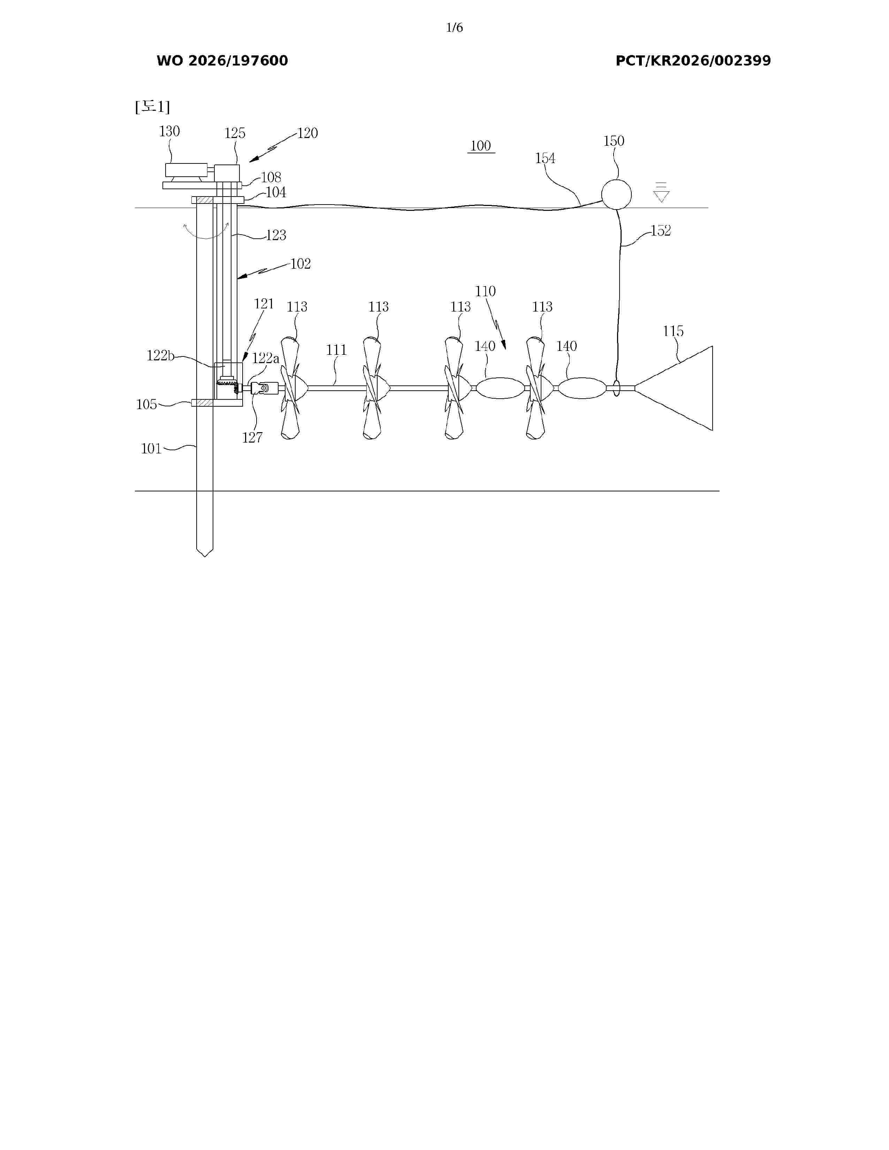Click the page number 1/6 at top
tap(454, 28)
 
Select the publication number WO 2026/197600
tap(222, 61)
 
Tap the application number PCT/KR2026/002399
tap(693, 61)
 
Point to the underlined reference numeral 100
tap(481, 146)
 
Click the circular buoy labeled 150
tap(616, 195)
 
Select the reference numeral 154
tap(545, 158)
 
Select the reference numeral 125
tap(235, 133)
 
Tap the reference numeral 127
tap(252, 438)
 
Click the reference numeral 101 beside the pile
tap(151, 449)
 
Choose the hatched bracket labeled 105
tap(202, 403)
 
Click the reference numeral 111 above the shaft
tap(336, 350)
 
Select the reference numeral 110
tap(485, 291)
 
